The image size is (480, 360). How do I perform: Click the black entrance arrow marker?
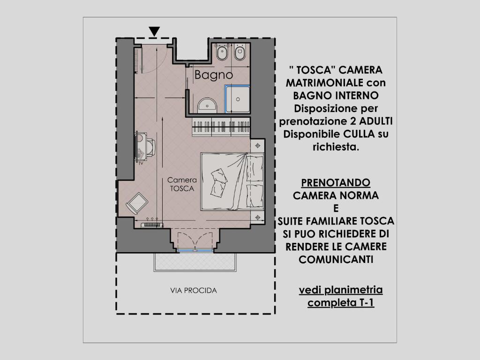(154, 31)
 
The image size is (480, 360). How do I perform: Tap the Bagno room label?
(214, 75)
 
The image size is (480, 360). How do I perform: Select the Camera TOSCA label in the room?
(182, 184)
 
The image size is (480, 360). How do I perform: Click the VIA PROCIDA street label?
(194, 291)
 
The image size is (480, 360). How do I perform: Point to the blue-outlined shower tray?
(237, 99)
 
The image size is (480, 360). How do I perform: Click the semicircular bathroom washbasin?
(207, 105)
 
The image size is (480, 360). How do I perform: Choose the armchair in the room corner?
(137, 203)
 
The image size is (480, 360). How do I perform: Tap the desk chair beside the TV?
(150, 147)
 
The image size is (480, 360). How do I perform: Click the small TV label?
(141, 164)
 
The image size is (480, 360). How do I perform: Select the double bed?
(232, 182)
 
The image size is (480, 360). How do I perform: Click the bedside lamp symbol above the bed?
(257, 146)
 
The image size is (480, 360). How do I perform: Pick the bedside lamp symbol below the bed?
(257, 217)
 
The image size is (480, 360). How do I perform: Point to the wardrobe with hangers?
(221, 127)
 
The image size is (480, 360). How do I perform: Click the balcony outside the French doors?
(195, 262)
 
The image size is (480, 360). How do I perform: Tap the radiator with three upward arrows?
(152, 224)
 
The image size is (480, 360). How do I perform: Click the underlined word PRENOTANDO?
(336, 183)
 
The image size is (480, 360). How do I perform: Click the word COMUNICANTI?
(336, 260)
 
